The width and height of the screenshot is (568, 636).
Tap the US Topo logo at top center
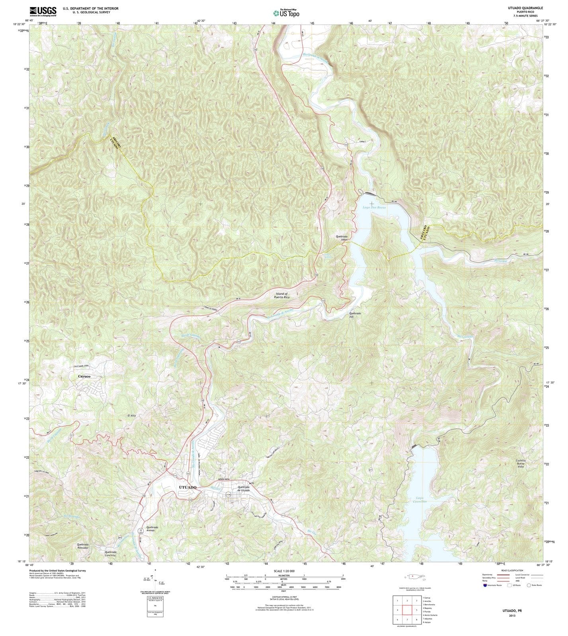[286, 13]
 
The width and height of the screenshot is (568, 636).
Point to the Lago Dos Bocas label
[374, 207]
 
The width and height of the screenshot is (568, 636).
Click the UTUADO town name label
[188, 487]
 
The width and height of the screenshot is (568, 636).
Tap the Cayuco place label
[84, 376]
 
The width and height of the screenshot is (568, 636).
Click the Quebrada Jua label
[355, 315]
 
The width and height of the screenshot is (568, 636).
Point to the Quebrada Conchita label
[111, 553]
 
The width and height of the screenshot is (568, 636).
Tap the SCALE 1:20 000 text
[284, 571]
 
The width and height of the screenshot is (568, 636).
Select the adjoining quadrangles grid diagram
[406, 610]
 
